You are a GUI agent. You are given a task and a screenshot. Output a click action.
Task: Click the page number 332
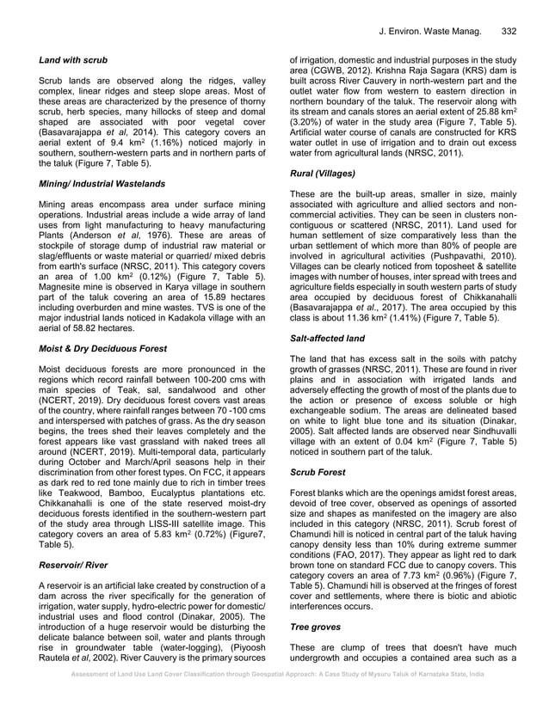point(508,32)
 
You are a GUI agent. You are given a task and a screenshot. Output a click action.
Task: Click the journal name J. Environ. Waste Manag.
point(428,32)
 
